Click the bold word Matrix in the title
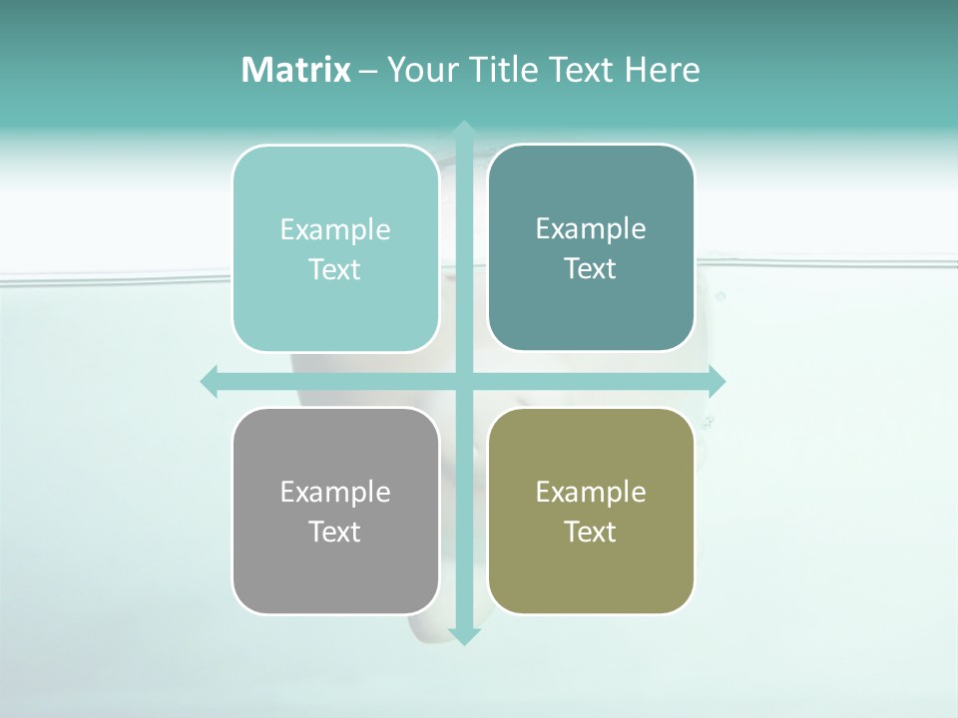296,70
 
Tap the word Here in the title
662,70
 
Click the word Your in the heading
420,70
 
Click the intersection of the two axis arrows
464,382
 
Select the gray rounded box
335,568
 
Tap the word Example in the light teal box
335,229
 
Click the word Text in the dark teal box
591,268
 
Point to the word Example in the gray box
335,492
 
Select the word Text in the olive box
591,532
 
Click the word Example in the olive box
591,492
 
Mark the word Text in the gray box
335,532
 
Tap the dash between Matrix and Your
368,71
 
